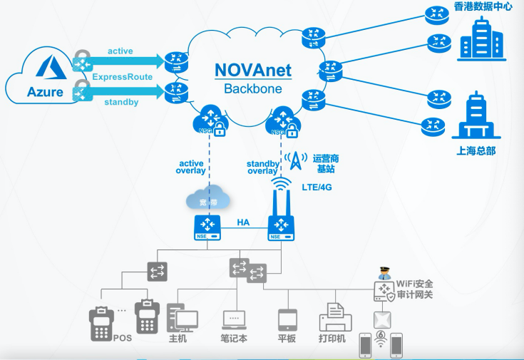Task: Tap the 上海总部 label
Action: click(476, 151)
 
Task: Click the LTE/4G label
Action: click(319, 187)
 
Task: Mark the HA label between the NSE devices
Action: click(243, 222)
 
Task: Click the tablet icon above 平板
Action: click(287, 318)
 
